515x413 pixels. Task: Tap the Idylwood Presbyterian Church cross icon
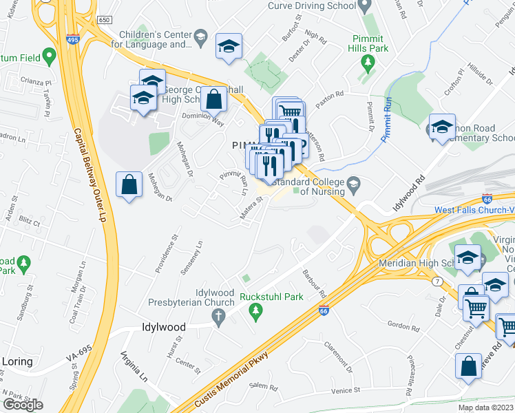click(219, 318)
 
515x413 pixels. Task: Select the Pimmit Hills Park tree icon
click(368, 63)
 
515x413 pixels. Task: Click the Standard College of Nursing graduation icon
click(354, 182)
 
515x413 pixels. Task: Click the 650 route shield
click(105, 22)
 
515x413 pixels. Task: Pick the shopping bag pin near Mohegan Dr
click(129, 184)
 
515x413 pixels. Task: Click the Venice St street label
click(346, 390)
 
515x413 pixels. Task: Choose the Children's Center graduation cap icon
click(200, 36)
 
